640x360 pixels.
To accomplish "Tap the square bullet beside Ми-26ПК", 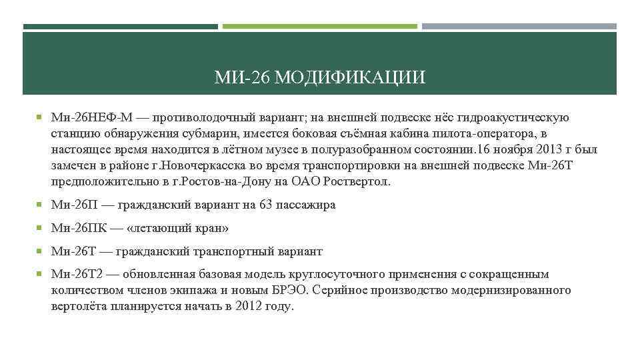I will pyautogui.click(x=41, y=227).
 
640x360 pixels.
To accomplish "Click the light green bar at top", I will pyautogui.click(x=319, y=27).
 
